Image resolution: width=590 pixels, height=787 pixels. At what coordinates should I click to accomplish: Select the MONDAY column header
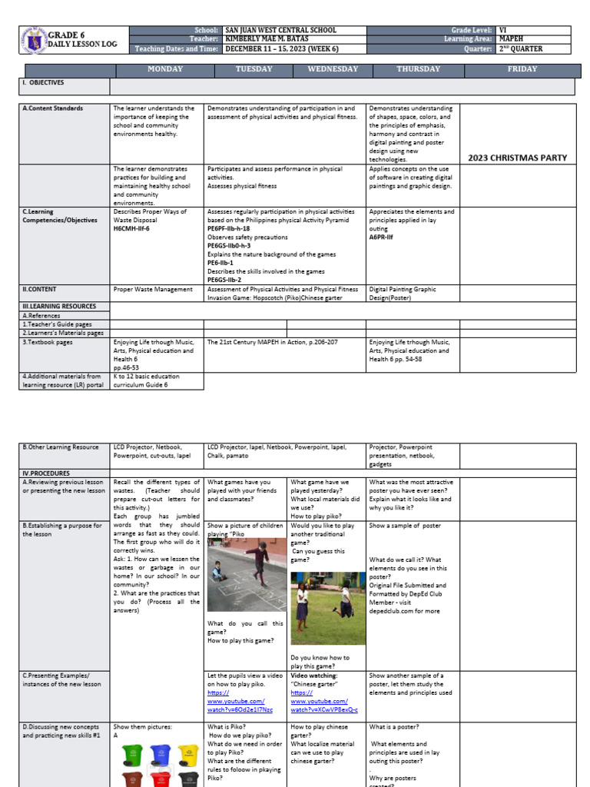pos(165,69)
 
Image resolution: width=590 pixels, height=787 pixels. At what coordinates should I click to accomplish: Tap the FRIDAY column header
pos(522,69)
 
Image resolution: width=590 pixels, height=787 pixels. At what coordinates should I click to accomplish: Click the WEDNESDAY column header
pos(333,69)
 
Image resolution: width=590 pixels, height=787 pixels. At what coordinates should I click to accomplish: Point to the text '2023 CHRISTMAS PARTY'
pos(517,158)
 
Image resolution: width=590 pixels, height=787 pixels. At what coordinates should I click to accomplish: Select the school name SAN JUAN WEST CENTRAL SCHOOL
pos(280,30)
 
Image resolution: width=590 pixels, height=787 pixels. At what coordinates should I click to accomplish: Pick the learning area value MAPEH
pos(512,39)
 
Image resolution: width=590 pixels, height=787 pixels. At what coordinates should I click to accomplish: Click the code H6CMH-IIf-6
pos(131,228)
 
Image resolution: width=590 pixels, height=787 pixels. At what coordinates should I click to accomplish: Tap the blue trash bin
pos(160,757)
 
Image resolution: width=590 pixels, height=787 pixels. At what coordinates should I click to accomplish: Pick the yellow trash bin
pos(188,757)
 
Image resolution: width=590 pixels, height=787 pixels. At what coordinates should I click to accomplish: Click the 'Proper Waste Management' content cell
pos(153,290)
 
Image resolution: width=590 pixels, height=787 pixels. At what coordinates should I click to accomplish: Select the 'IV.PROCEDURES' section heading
pos(46,473)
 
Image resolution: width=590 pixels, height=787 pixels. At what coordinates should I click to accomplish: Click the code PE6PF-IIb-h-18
pos(228,228)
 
